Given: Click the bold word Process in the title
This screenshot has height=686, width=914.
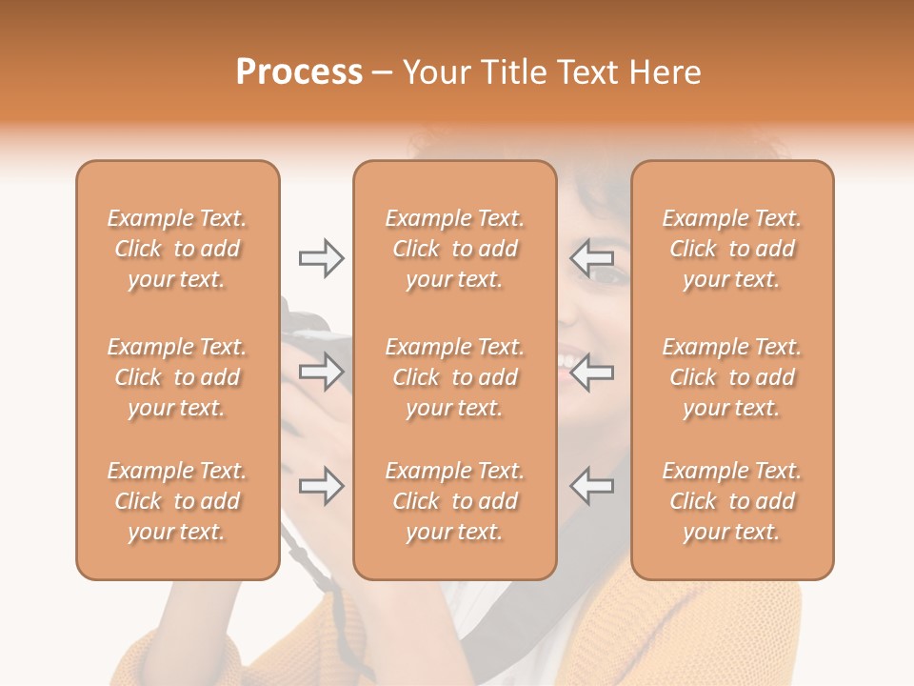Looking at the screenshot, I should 299,72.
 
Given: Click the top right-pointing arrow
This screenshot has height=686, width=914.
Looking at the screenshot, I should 321,258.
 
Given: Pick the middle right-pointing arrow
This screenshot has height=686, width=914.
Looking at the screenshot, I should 321,373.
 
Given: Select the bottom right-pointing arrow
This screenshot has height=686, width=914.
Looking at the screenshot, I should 321,486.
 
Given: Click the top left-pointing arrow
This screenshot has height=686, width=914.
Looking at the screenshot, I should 591,258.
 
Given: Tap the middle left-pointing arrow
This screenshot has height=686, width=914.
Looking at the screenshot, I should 591,373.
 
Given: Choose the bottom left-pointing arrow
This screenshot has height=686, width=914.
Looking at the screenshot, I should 591,486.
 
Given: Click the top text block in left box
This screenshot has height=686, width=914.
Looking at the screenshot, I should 177,249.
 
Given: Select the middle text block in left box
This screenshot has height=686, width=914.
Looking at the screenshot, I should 177,377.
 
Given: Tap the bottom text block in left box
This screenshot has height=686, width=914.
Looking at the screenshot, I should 177,501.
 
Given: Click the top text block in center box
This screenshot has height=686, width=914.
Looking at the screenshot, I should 455,249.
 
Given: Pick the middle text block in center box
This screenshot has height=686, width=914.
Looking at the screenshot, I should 455,377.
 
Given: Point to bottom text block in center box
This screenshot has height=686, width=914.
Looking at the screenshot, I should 455,501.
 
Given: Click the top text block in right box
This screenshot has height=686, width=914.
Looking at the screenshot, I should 732,249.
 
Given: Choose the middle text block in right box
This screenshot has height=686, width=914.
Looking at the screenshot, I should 732,377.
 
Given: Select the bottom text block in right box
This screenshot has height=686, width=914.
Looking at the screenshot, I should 732,501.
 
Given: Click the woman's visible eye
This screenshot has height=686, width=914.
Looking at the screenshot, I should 609,275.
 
